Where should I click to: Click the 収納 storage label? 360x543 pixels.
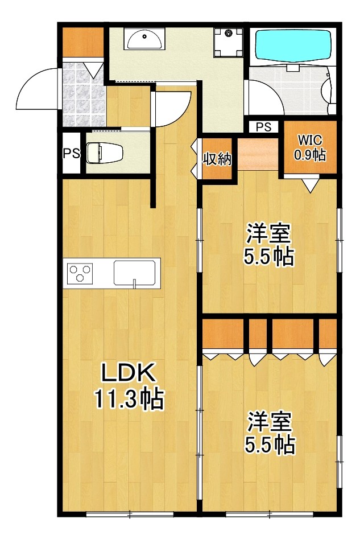[217, 159]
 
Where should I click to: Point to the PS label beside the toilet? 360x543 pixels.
[71, 153]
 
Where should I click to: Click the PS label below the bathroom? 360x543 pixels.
[263, 127]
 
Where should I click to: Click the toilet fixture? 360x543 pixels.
[104, 153]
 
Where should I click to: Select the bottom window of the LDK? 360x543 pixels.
[130, 515]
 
